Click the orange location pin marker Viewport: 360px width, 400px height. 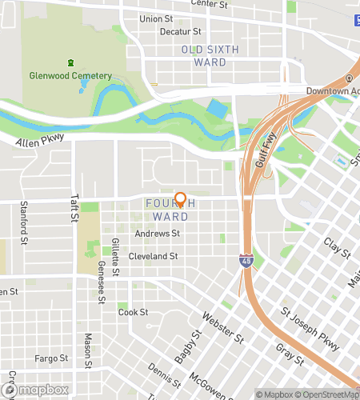[x=181, y=200]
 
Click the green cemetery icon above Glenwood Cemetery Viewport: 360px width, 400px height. [x=72, y=62]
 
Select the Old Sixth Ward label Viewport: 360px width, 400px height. [x=210, y=56]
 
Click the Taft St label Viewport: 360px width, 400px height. [x=74, y=211]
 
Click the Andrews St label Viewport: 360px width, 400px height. [x=158, y=234]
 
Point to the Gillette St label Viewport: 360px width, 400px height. [x=115, y=256]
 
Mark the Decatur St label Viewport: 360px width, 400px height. [x=180, y=32]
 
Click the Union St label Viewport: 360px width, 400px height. [x=155, y=18]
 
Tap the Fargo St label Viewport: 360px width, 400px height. [x=51, y=358]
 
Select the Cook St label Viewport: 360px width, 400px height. [x=128, y=313]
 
